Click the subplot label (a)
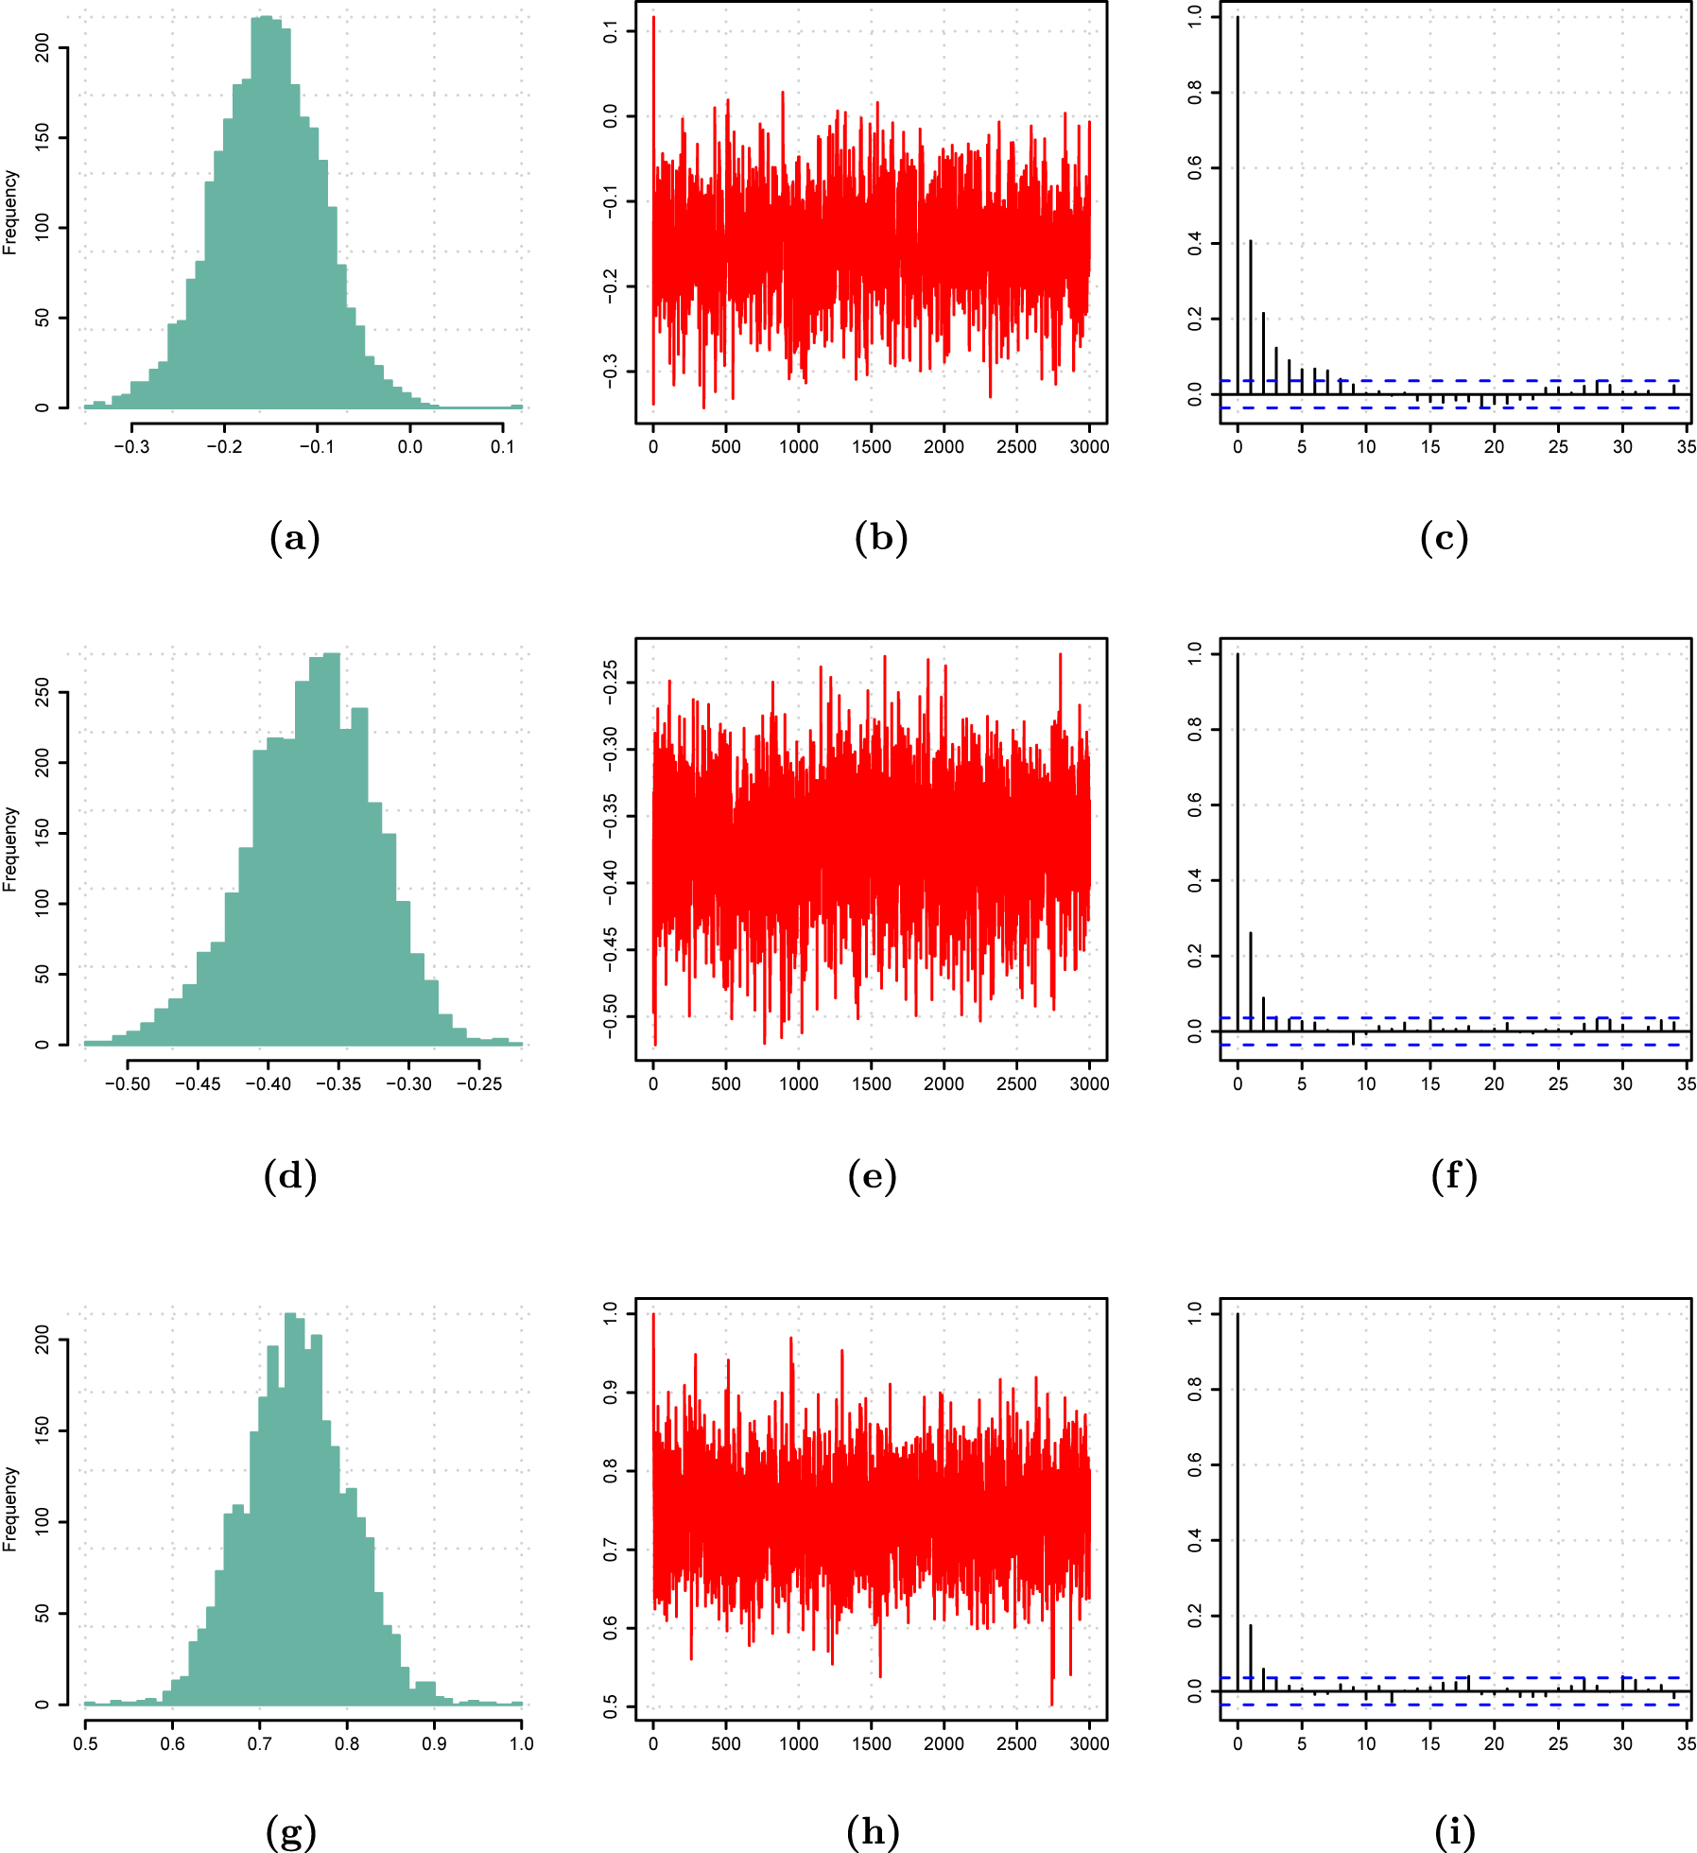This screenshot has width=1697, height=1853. pos(295,539)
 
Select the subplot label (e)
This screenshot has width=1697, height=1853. pos(872,1176)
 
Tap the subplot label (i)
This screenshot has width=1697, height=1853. pos(1454,1832)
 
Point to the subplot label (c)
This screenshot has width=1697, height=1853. pos(1444,539)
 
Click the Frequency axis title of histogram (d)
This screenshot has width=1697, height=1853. pos(10,849)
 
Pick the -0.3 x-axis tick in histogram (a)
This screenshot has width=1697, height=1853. pos(131,446)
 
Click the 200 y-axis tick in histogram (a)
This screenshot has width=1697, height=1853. pos(43,47)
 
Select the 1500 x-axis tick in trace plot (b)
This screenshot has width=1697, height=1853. pos(871,446)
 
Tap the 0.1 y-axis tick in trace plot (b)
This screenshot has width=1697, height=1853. pos(611,32)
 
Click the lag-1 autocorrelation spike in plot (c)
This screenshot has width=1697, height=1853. pos(1250,317)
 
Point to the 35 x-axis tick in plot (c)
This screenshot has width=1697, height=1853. pos(1687,446)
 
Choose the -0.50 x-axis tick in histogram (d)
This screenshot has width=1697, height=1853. pos(127,1083)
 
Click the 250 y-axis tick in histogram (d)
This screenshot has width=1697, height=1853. pos(43,693)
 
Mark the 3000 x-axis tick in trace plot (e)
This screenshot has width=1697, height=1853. pos(1089,1083)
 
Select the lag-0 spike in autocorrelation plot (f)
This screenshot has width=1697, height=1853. pos(1238,841)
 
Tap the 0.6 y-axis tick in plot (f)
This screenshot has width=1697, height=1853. pos(1196,805)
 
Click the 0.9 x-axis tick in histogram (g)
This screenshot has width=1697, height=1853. pos(434,1743)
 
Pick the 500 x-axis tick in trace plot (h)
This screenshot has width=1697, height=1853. pos(726,1743)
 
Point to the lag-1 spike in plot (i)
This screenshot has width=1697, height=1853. pos(1250,1658)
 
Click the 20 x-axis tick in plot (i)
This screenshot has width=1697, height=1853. pos(1494,1743)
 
